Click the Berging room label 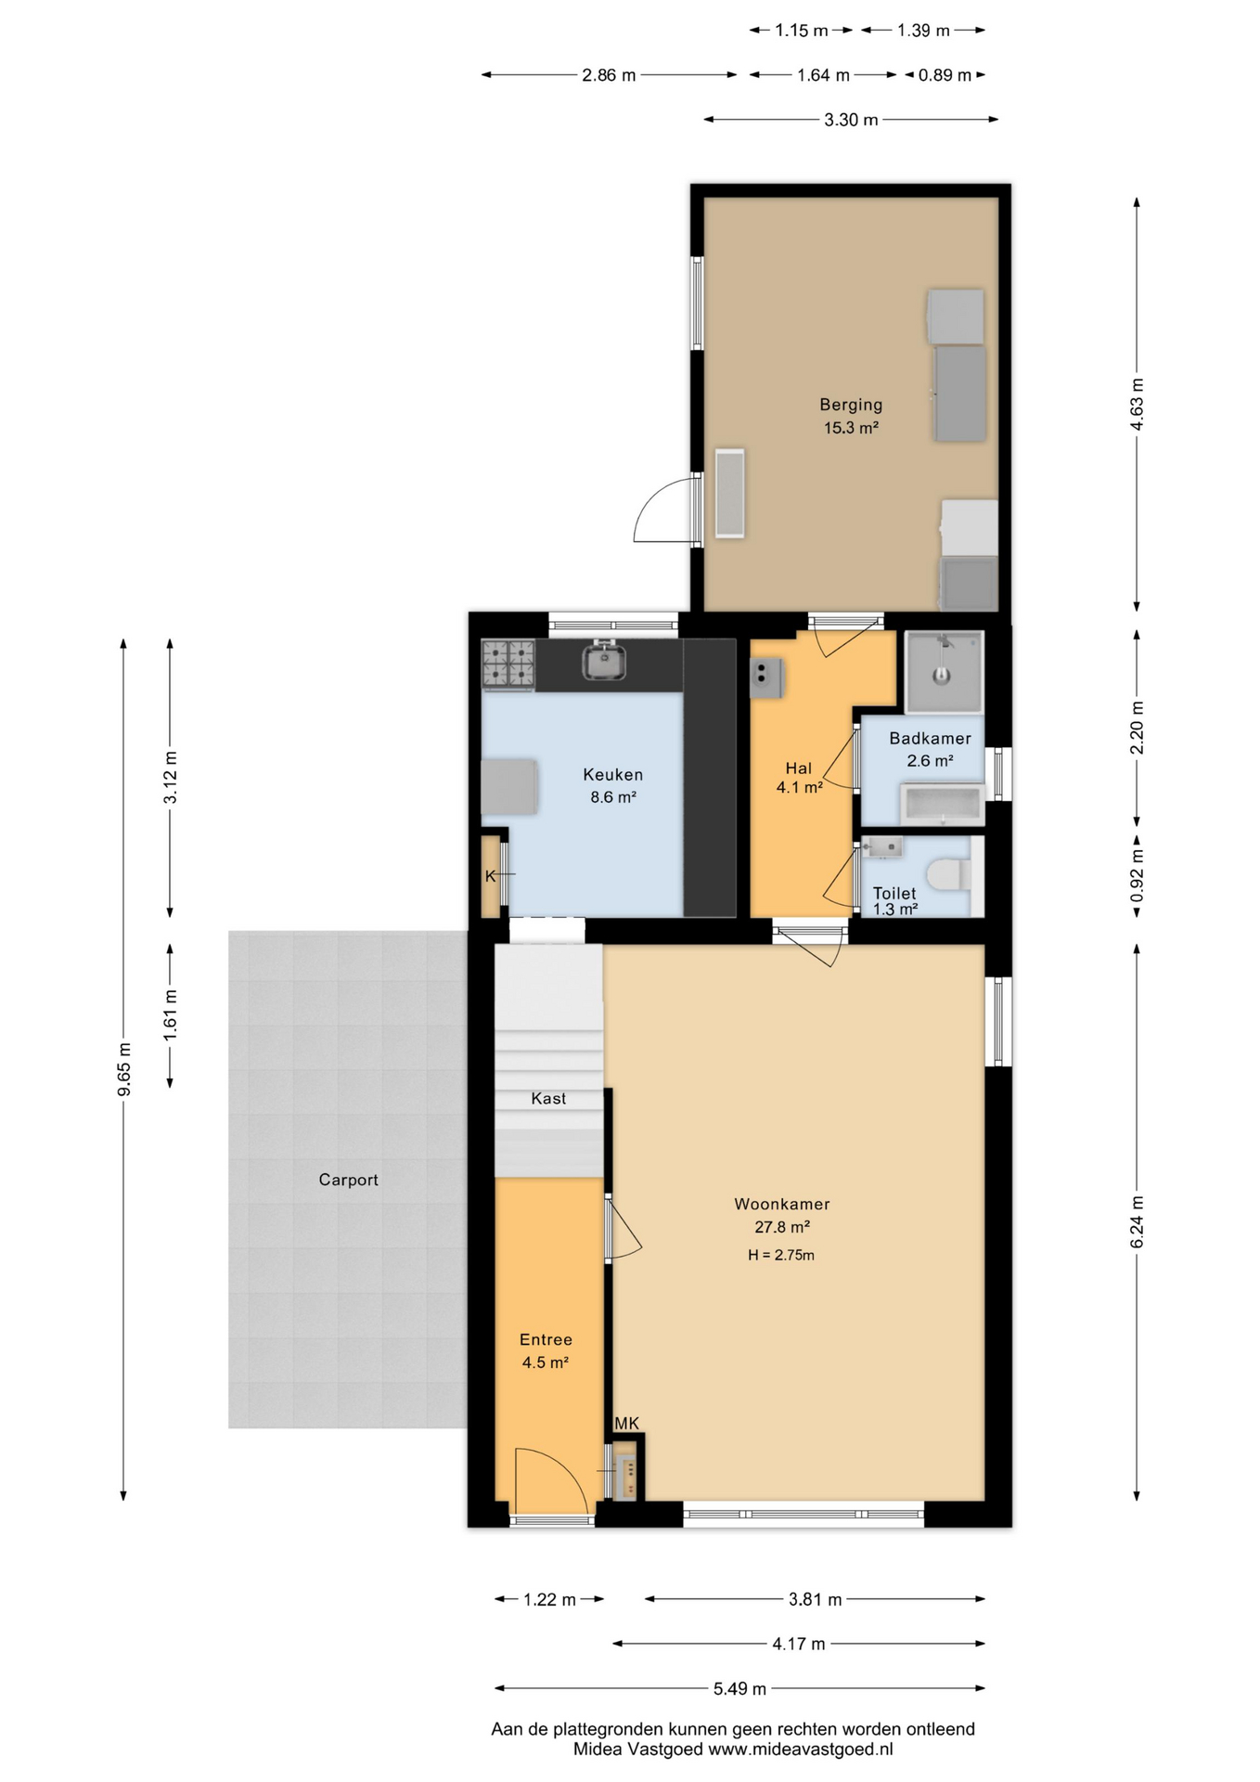[851, 405]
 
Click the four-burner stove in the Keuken [508, 665]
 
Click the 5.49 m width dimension [739, 1688]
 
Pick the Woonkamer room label [782, 1204]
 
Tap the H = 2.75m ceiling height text [781, 1255]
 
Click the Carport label [349, 1180]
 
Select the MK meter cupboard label [627, 1424]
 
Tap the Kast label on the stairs [548, 1098]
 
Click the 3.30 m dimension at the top [851, 120]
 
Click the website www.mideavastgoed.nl [801, 1749]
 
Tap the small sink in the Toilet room [881, 846]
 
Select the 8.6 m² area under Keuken [613, 796]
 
